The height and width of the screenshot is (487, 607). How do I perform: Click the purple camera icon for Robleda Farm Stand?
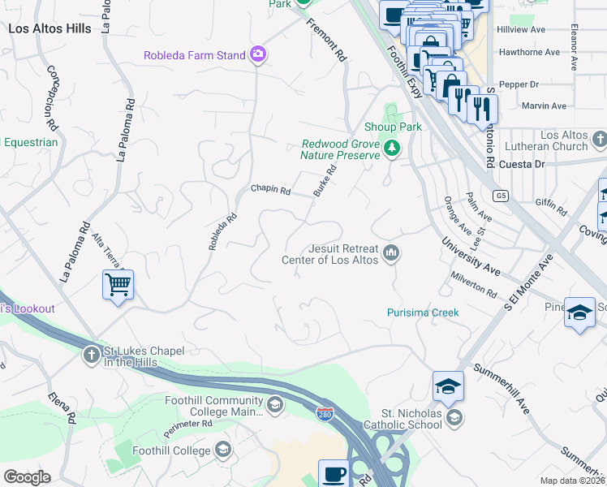259,55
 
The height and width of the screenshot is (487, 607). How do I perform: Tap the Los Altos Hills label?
50,28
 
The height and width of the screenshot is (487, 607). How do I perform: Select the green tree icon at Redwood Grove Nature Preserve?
392,148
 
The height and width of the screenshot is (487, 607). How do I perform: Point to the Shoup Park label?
393,127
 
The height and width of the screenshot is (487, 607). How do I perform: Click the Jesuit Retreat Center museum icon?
391,254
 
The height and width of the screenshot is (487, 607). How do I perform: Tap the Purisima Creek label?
423,312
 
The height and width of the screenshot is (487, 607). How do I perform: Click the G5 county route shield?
500,196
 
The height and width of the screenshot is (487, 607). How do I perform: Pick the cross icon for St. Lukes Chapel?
92,356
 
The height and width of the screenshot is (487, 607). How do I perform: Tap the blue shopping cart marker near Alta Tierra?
118,285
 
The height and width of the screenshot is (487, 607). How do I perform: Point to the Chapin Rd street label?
270,190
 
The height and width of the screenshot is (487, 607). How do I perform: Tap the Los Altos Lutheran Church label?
552,140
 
